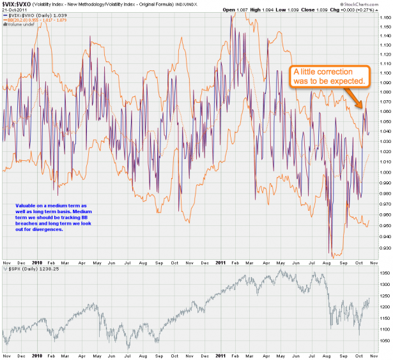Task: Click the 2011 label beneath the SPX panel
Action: [219, 354]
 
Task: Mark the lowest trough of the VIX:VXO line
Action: [332, 253]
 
